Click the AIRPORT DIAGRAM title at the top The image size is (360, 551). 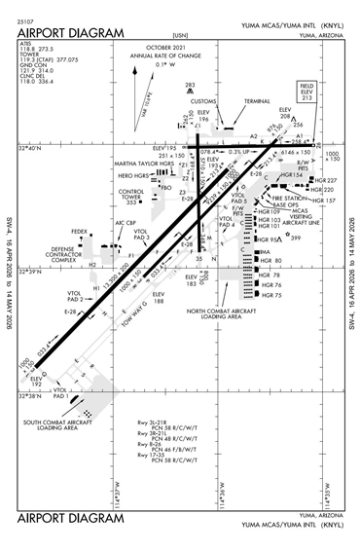tap(72, 33)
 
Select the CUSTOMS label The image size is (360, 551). tap(203, 101)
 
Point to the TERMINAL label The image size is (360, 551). tap(257, 101)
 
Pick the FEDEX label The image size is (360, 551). tap(79, 232)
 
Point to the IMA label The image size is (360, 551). tap(264, 252)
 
